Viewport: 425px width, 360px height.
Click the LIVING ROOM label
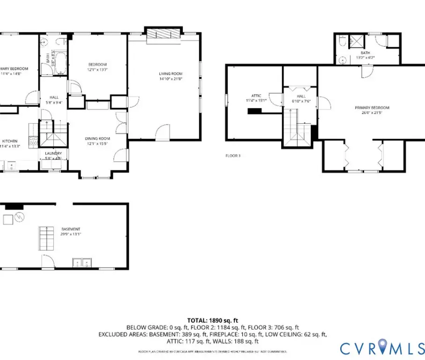point(170,74)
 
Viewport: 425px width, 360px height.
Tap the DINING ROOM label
point(97,138)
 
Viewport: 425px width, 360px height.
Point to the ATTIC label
point(256,96)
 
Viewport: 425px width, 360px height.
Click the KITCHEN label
point(10,141)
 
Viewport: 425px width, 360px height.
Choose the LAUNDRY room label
point(53,153)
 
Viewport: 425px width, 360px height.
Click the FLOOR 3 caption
point(233,155)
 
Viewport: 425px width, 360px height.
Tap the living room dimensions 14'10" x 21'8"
point(170,79)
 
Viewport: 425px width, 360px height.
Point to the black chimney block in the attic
point(254,111)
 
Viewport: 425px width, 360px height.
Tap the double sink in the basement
point(82,262)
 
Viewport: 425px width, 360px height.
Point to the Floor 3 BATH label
point(365,53)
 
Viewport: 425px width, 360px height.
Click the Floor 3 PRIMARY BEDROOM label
point(372,108)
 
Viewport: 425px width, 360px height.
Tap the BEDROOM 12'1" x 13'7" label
point(97,64)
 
